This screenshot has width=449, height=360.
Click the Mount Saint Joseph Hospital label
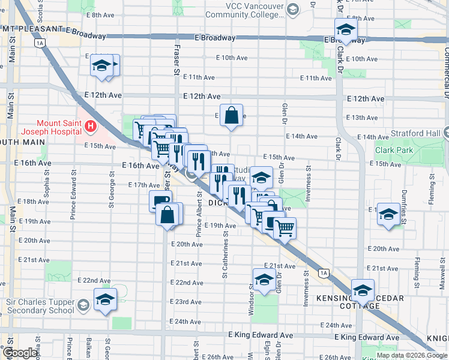(x=51, y=125)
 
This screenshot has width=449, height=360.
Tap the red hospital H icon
(x=90, y=126)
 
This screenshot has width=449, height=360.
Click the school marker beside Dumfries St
(x=388, y=214)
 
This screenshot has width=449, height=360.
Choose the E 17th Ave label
(x=143, y=185)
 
